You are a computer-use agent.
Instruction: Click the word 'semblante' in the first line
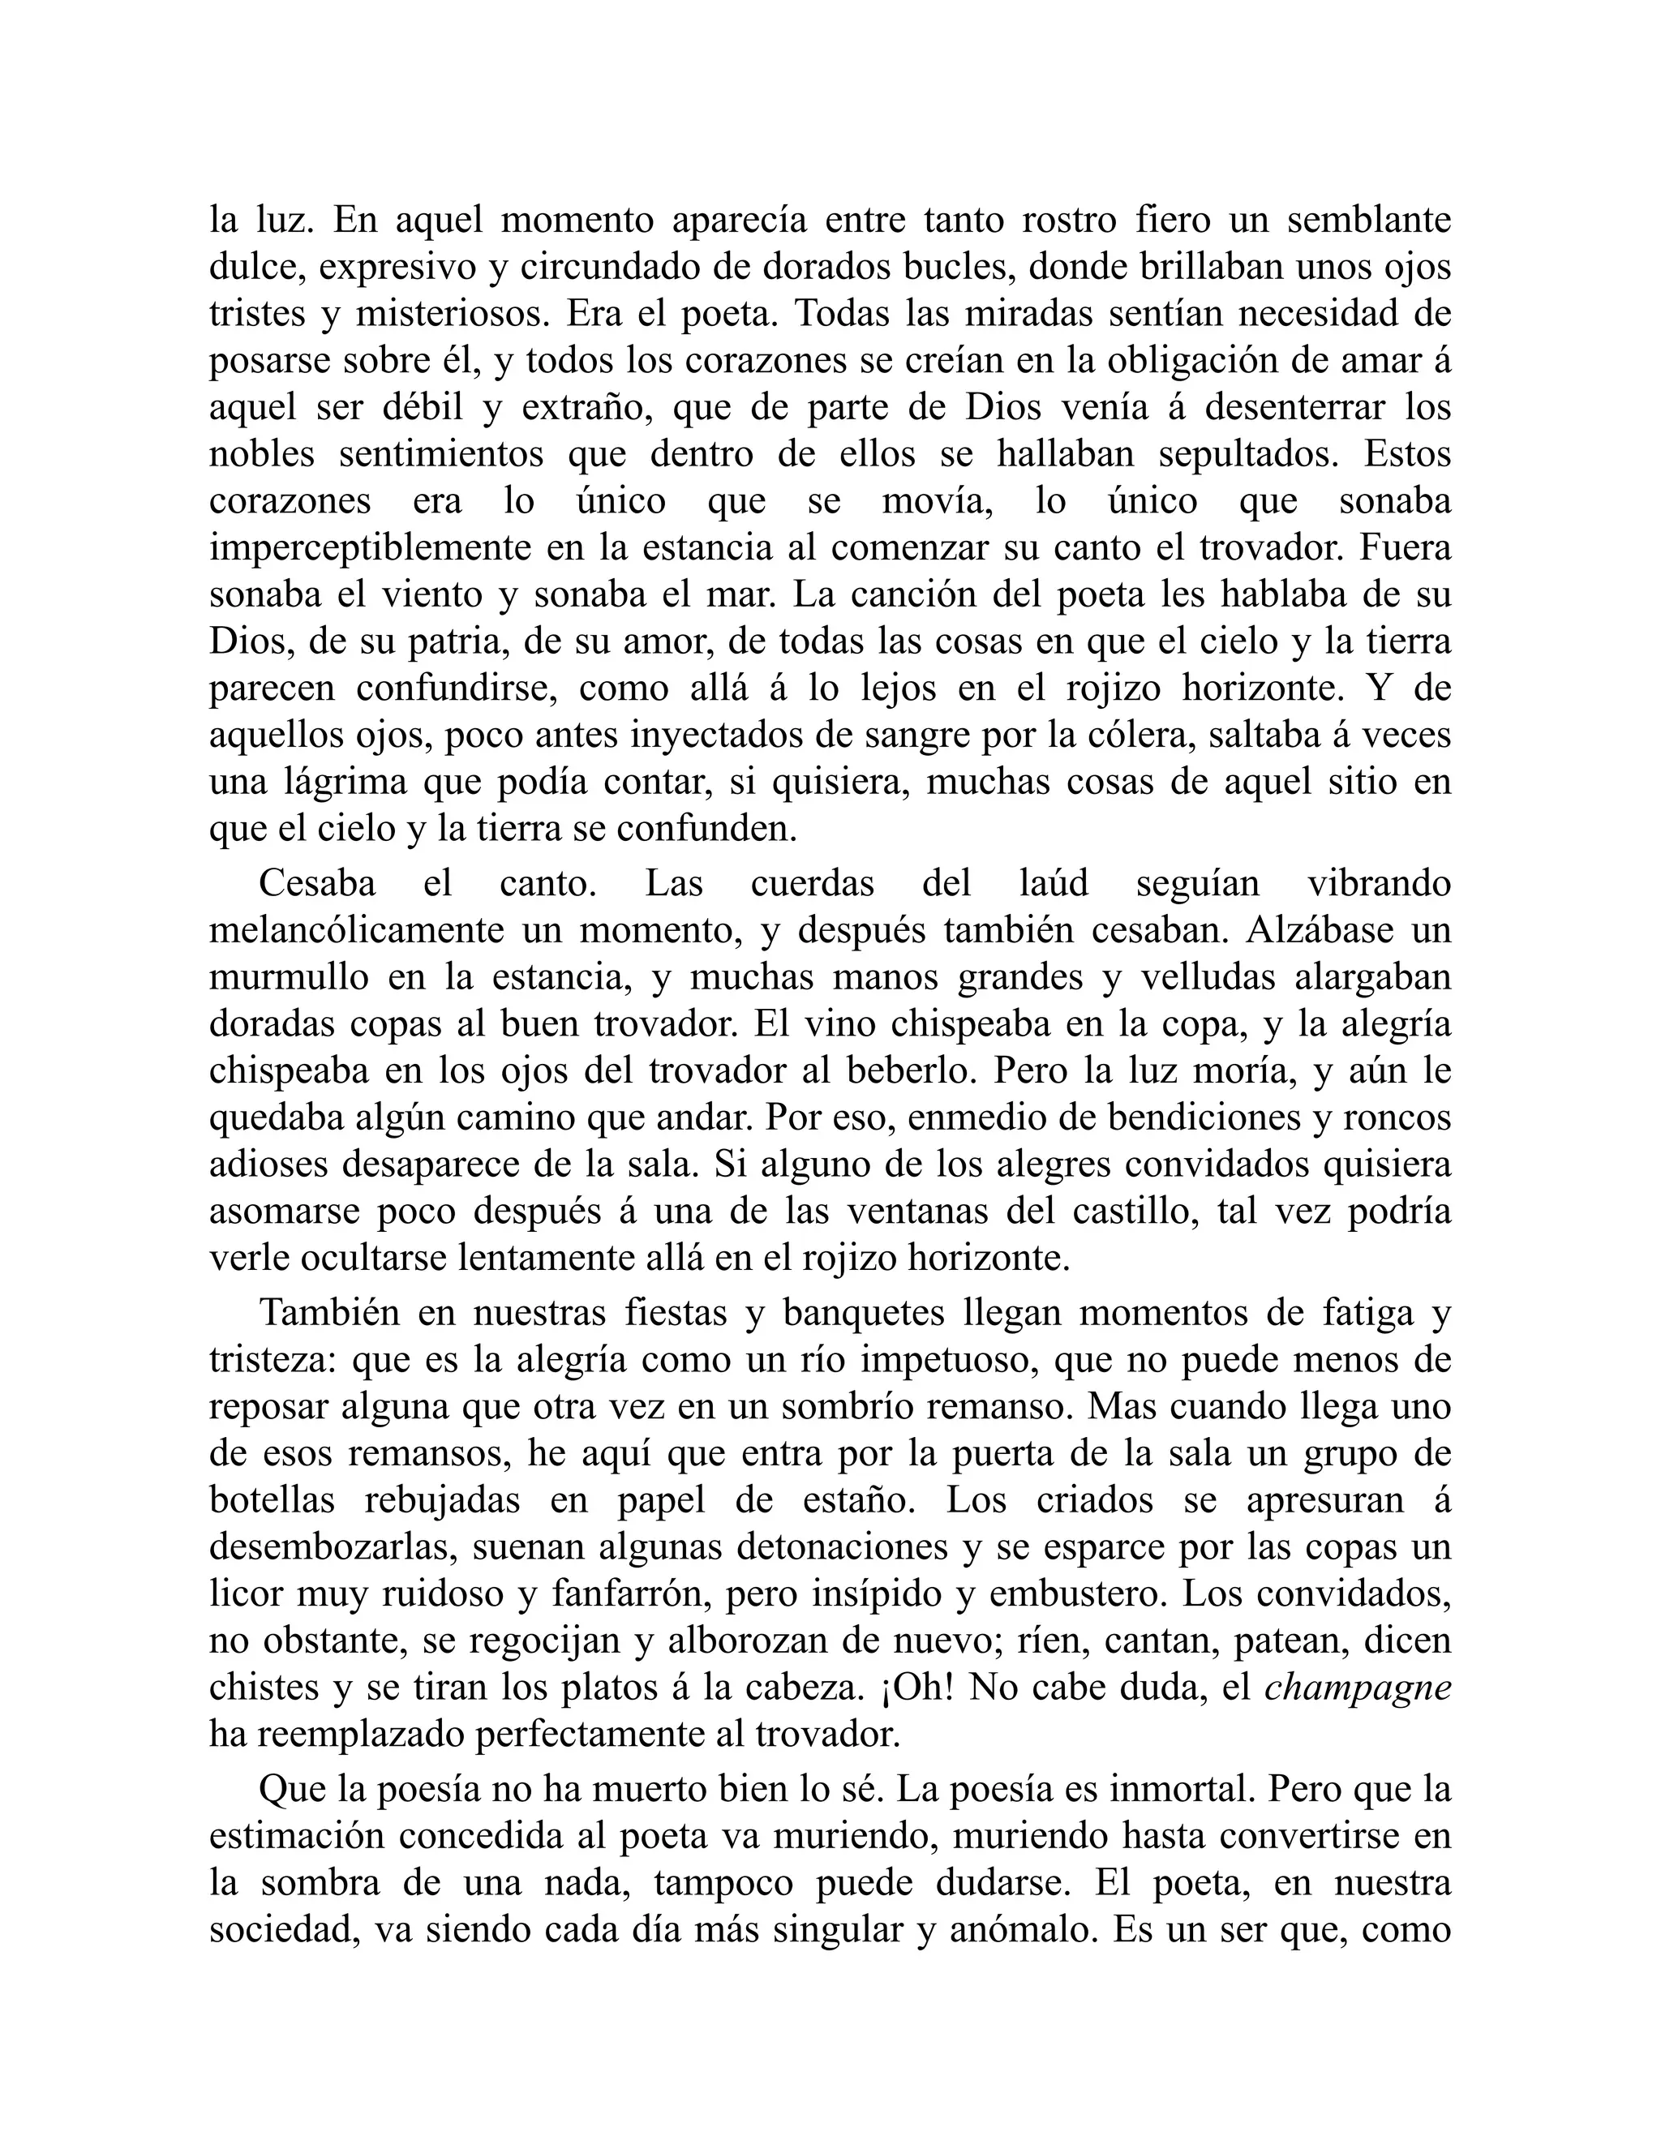tap(1369, 220)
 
